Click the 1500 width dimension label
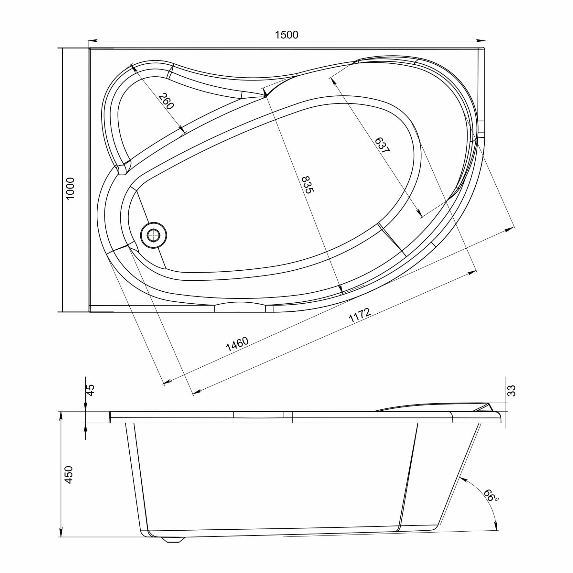286,35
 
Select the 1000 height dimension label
70,189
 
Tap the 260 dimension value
167,101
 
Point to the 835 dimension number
308,185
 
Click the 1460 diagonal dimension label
237,344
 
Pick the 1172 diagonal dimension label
359,315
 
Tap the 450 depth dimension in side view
69,475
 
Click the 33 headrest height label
512,391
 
